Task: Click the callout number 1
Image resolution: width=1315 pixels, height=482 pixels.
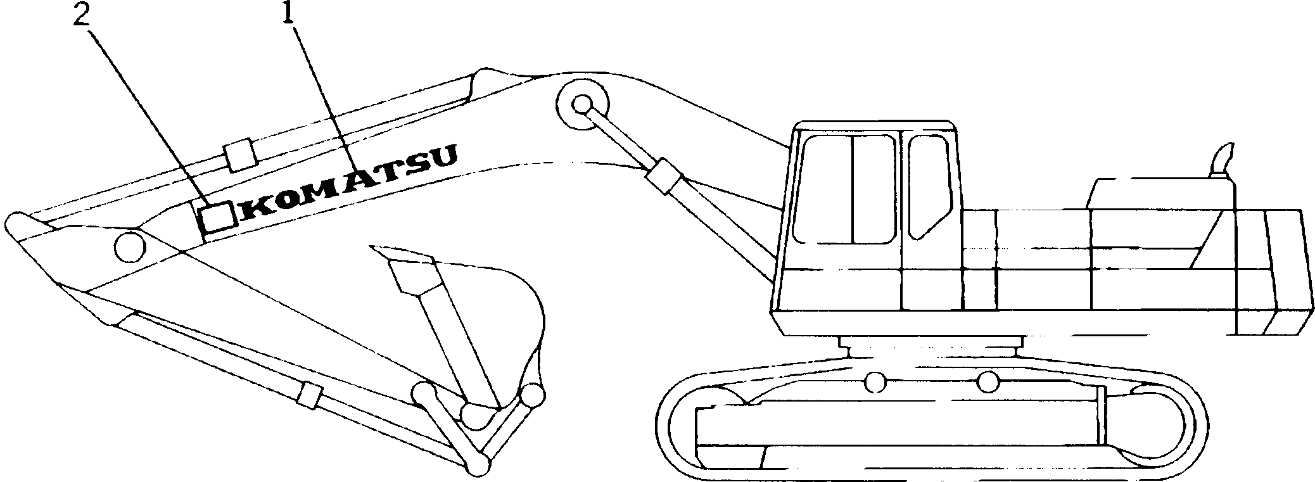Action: (x=289, y=14)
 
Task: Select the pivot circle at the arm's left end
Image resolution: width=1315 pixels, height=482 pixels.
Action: (x=129, y=245)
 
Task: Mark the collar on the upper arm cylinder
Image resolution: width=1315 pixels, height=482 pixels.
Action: (x=239, y=155)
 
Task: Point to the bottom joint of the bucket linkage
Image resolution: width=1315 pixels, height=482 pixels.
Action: (x=478, y=465)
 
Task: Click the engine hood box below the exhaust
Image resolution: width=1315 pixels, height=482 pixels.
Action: (x=1159, y=193)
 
